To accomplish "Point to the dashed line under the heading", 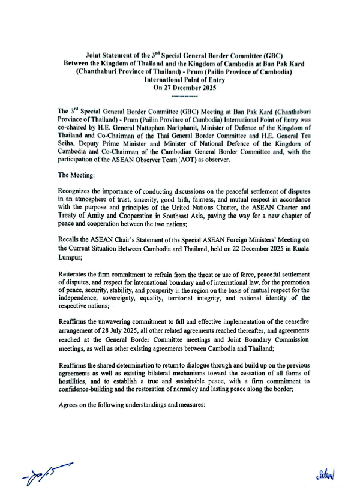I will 179,95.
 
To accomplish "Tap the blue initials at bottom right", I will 325,472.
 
